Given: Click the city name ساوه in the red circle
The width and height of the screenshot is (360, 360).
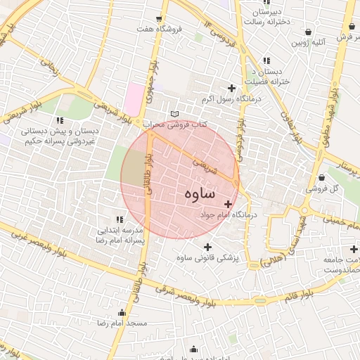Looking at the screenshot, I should [x=200, y=193].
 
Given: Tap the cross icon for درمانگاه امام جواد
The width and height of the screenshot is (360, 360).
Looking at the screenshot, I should [x=228, y=204].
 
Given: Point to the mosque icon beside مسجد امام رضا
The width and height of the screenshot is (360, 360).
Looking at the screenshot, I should [x=122, y=312].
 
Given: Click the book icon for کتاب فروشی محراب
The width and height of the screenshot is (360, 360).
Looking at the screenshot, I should [x=174, y=114].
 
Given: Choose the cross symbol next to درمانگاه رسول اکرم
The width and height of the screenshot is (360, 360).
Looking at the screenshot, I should [x=231, y=88].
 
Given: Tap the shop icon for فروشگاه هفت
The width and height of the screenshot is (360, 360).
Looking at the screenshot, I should [x=159, y=18].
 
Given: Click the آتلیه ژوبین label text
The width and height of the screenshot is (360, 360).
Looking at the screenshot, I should [x=309, y=43].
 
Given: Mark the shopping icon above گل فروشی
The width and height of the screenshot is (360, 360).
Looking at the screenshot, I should [x=321, y=177].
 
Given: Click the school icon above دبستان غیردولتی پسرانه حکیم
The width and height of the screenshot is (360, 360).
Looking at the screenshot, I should [x=59, y=120].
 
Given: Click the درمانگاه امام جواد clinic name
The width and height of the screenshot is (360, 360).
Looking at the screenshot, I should [x=229, y=214].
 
